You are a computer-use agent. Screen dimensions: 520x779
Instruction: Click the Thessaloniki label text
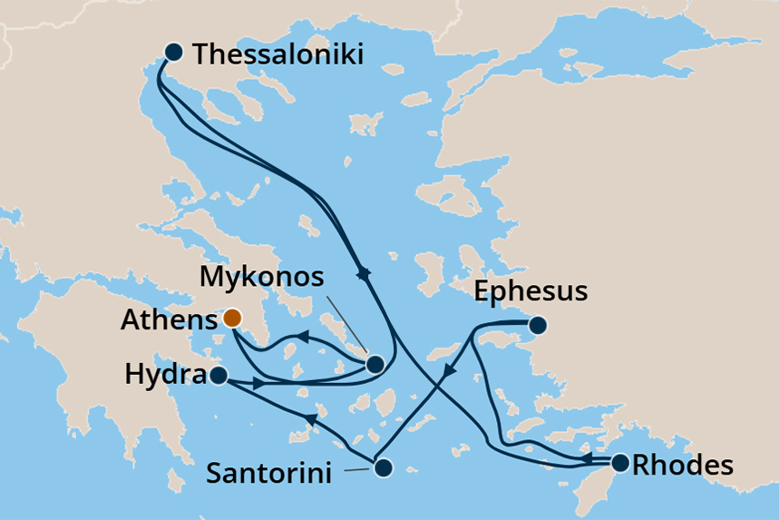(x=278, y=54)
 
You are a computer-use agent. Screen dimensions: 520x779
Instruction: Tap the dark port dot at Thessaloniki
(x=173, y=53)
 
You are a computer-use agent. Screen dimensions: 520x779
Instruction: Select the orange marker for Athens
(x=232, y=318)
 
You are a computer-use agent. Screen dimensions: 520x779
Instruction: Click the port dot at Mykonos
(x=375, y=364)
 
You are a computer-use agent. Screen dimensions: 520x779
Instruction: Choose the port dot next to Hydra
(x=218, y=375)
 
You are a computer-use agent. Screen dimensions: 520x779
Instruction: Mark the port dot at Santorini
(x=383, y=468)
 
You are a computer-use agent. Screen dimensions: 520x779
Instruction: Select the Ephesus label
(x=531, y=292)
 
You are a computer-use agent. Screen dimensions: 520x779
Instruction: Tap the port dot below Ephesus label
(x=538, y=324)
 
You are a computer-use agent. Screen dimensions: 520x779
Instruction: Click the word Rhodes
(x=682, y=466)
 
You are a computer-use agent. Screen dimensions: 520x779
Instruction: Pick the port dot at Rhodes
(x=620, y=463)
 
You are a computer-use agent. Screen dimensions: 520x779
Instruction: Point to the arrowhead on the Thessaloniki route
(x=365, y=272)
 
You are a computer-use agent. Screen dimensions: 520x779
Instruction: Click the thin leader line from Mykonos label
(x=346, y=326)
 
